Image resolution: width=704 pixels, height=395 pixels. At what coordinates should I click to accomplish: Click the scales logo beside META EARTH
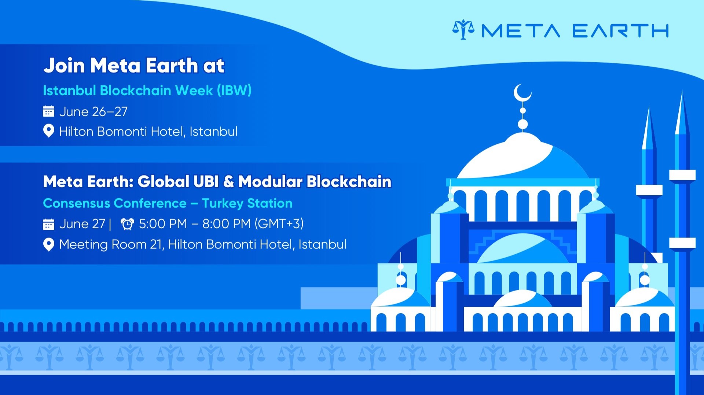point(463,30)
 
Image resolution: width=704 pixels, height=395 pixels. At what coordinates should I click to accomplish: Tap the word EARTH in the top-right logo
point(620,31)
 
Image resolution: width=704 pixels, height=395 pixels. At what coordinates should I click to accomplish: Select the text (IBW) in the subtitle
point(234,91)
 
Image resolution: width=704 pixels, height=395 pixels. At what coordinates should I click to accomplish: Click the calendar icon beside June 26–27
point(48,111)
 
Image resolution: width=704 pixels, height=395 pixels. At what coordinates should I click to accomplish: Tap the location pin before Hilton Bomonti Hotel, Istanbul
point(48,131)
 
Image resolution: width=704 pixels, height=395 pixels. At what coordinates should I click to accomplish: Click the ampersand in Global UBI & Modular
point(228,182)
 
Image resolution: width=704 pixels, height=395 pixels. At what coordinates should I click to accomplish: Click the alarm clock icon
point(127,224)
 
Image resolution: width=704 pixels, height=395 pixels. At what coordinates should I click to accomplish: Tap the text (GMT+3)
point(279,224)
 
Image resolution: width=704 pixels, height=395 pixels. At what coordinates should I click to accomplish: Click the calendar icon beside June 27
point(48,224)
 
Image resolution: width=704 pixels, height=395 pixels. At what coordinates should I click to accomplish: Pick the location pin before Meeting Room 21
point(48,244)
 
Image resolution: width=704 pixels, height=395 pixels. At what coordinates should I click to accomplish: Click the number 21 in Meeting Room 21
point(157,244)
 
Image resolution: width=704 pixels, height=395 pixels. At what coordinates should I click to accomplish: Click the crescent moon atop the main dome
point(521,93)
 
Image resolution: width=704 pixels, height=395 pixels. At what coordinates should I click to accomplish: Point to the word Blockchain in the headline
point(349,182)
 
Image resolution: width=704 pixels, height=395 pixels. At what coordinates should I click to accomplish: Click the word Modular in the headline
point(270,182)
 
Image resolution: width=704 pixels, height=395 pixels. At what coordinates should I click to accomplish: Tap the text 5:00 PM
point(163,224)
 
